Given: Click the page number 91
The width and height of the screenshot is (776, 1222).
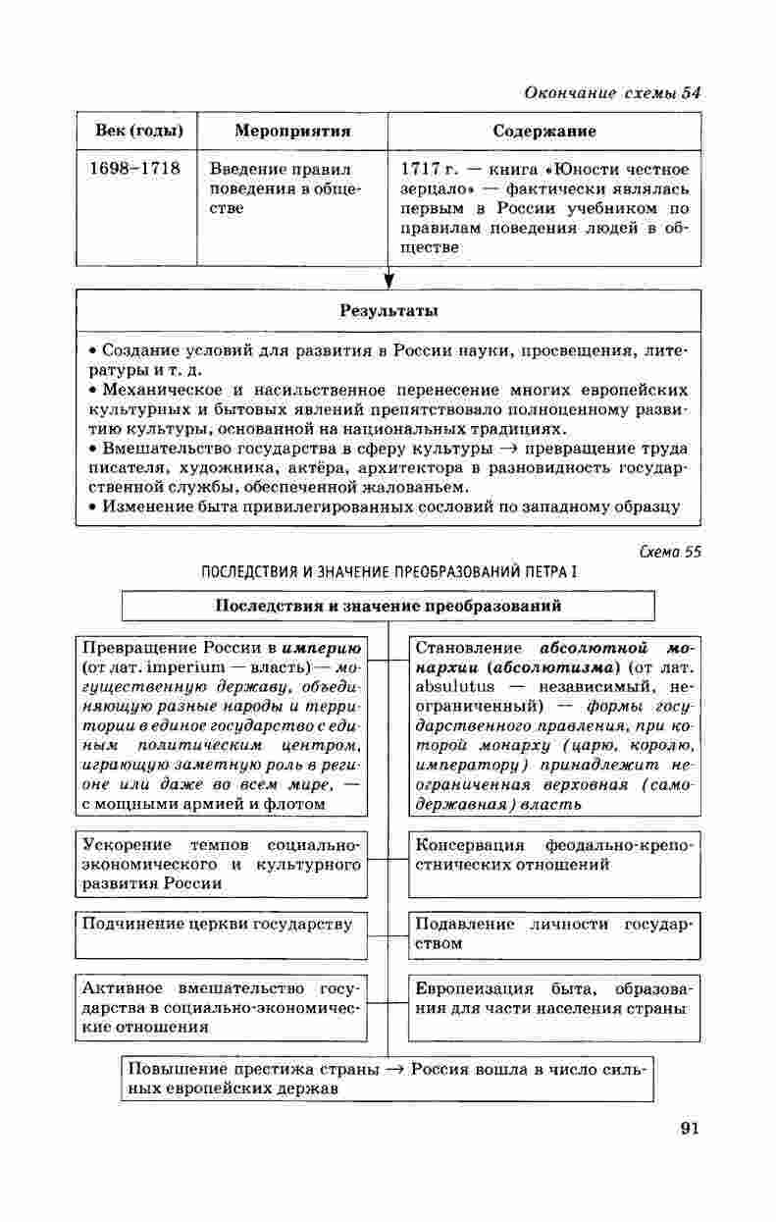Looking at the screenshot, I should (x=688, y=1128).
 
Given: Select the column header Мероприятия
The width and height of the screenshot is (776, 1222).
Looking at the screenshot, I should (x=292, y=132).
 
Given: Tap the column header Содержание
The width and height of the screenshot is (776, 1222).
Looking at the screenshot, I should (x=544, y=132).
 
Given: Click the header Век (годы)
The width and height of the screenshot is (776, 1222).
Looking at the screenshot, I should (x=136, y=132).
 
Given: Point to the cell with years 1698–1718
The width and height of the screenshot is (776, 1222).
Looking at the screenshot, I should (x=135, y=169).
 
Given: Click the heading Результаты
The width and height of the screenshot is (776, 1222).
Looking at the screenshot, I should (x=388, y=311).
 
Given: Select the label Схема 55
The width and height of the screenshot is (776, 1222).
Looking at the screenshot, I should (x=669, y=552).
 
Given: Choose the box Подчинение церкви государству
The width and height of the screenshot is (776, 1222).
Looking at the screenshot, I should (x=217, y=925).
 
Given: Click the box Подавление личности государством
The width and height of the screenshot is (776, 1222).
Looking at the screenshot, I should (x=554, y=933).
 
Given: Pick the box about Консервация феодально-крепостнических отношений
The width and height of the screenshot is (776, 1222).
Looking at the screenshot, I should (x=554, y=855).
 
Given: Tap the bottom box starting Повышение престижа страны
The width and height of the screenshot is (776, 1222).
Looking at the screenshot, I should (x=388, y=1079).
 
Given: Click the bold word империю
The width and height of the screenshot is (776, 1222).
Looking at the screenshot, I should (x=322, y=648).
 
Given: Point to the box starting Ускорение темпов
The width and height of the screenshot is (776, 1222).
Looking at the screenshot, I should (x=217, y=864).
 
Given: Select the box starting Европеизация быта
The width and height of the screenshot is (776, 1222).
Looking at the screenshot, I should (x=554, y=998).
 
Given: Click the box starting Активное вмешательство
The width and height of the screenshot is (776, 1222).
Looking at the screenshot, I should (x=217, y=1007).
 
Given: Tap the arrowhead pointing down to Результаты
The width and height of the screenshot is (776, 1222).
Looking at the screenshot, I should (x=389, y=282).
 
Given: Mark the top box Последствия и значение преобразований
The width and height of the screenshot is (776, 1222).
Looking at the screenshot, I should (x=388, y=606).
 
